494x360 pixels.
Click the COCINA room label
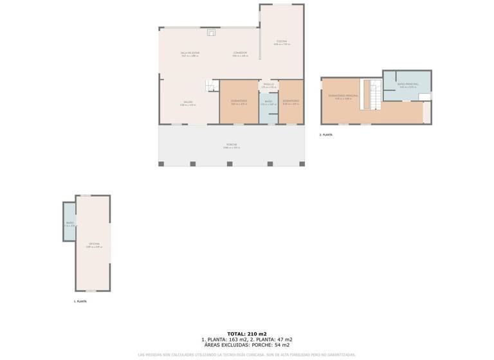[x=282, y=41]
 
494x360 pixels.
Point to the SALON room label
[x=188, y=102]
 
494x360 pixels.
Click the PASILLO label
[x=269, y=84]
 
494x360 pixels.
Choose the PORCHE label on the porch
[x=232, y=145]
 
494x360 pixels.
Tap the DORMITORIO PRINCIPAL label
[x=343, y=96]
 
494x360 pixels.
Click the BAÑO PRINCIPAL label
[x=408, y=85]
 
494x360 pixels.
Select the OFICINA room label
[x=94, y=244]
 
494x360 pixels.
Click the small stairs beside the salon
[x=210, y=86]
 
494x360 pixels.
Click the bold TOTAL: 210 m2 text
[x=246, y=334]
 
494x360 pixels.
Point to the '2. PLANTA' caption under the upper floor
[x=326, y=135]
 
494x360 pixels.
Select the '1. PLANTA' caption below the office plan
[x=80, y=301]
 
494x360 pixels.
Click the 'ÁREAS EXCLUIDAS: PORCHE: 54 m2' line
[x=246, y=345]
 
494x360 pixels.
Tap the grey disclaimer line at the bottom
[x=246, y=354]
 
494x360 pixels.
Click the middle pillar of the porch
[x=230, y=164]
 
